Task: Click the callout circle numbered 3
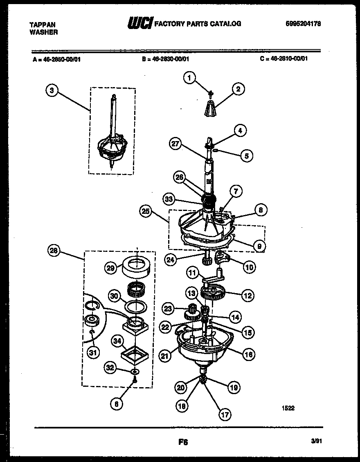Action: click(x=51, y=91)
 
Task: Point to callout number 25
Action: click(x=146, y=212)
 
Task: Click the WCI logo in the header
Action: click(x=139, y=24)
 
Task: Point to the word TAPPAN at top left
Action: click(x=43, y=25)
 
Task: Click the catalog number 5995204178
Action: click(x=303, y=24)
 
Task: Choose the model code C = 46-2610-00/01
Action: click(x=283, y=58)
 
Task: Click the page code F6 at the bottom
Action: click(x=183, y=442)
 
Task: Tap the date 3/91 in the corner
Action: click(x=316, y=442)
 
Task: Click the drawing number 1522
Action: click(x=288, y=408)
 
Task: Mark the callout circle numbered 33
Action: click(x=169, y=200)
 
